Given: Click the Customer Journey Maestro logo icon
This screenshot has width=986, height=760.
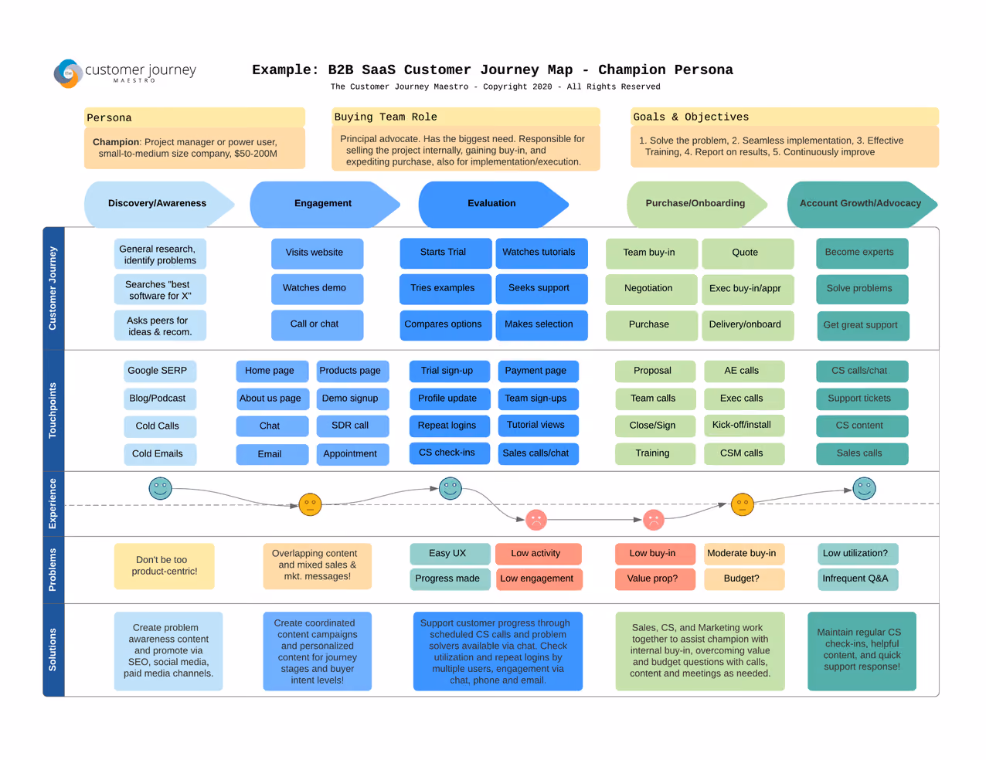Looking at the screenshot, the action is click(x=68, y=73).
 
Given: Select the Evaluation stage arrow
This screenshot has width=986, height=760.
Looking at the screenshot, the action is click(x=493, y=204).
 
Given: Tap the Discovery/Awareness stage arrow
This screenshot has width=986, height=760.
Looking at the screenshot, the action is click(x=159, y=204).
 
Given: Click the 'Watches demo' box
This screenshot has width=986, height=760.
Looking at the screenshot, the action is click(x=317, y=288).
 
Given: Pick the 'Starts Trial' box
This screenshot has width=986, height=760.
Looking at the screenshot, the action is click(x=445, y=253).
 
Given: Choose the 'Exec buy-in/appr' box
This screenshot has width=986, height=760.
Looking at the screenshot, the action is click(x=747, y=289).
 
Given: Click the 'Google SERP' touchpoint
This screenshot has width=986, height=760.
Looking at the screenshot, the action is click(x=160, y=371).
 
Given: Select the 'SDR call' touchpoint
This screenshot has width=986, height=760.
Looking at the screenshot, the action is click(x=352, y=426).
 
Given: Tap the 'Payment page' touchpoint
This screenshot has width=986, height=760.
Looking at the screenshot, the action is click(x=538, y=371).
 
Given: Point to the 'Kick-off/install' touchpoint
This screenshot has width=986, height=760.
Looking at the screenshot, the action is click(x=744, y=426).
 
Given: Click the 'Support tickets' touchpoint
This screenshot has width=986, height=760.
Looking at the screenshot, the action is click(x=862, y=399).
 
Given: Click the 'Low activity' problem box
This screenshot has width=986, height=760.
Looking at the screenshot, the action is click(x=538, y=554).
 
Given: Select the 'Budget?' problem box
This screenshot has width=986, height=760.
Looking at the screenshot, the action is click(x=744, y=579).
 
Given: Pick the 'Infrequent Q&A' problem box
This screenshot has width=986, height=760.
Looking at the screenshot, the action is click(x=858, y=579).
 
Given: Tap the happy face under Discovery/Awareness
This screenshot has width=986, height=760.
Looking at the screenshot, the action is click(x=160, y=488).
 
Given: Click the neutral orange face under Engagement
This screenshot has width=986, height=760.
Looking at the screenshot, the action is click(x=310, y=504).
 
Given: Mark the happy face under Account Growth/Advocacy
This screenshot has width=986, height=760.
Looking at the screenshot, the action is click(x=864, y=488).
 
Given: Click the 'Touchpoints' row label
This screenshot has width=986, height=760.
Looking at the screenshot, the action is click(x=53, y=410).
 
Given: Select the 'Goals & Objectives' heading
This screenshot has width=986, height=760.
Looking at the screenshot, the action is click(x=691, y=117).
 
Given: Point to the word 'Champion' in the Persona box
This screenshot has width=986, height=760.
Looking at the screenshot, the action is click(x=115, y=142).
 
